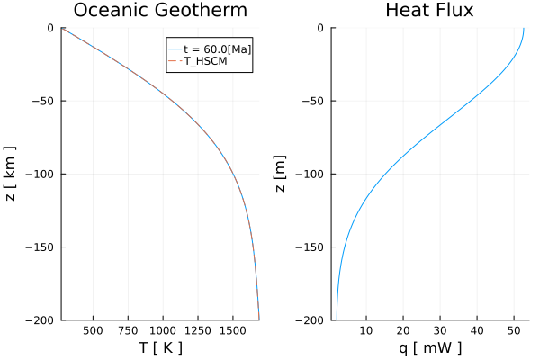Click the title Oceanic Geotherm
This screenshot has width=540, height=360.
point(160,11)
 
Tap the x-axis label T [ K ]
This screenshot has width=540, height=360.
point(160,347)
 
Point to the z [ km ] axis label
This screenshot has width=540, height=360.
point(11,174)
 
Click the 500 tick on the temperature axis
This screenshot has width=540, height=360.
point(93,330)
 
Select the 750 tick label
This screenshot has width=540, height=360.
point(128,330)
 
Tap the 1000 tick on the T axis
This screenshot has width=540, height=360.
point(163,330)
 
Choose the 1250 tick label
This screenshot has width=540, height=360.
point(198,330)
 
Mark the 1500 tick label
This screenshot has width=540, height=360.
point(233,330)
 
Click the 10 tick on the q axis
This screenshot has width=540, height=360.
point(365,330)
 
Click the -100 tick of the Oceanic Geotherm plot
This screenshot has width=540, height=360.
point(40,174)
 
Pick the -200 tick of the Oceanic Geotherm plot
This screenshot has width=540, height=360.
point(40,319)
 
